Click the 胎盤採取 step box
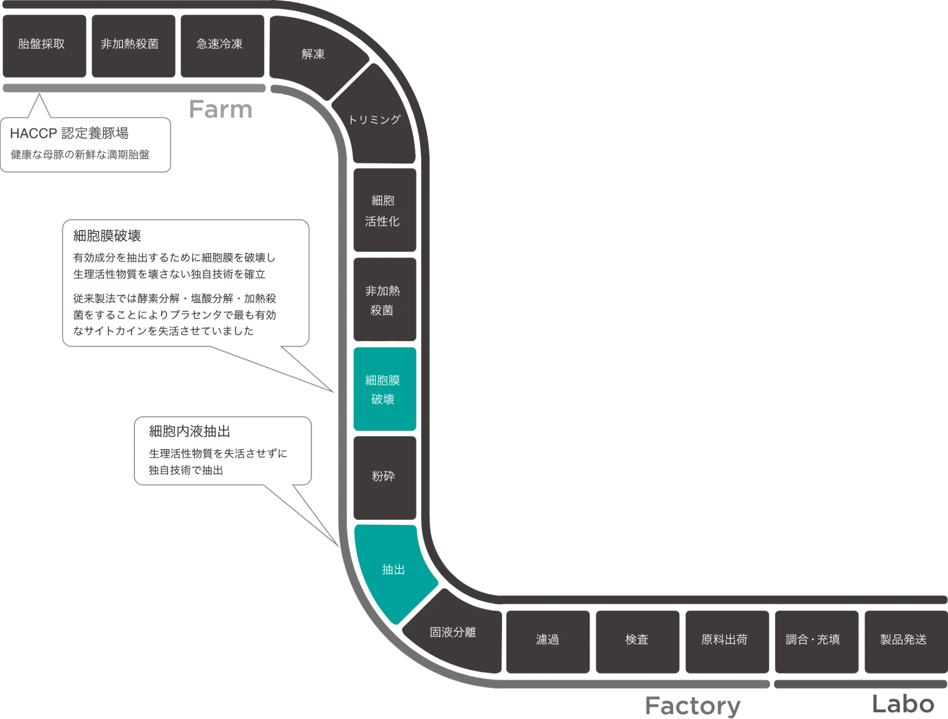pyautogui.click(x=42, y=44)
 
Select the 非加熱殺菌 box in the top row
pyautogui.click(x=130, y=44)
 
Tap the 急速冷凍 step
pyautogui.click(x=220, y=44)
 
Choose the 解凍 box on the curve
pyautogui.click(x=313, y=54)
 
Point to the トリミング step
pyautogui.click(x=374, y=120)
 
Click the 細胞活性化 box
pyautogui.click(x=383, y=211)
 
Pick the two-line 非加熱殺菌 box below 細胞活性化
pyautogui.click(x=383, y=300)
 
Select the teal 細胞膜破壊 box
pyautogui.click(x=383, y=390)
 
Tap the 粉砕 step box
pyautogui.click(x=383, y=476)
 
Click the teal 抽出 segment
pyautogui.click(x=393, y=570)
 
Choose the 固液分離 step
pyautogui.click(x=453, y=632)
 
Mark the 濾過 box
pyautogui.click(x=547, y=639)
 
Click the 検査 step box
pyautogui.click(x=637, y=639)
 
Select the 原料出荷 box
pyautogui.click(x=725, y=639)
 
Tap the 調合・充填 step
pyautogui.click(x=813, y=639)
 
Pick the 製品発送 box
pyautogui.click(x=903, y=639)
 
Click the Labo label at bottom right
pyautogui.click(x=903, y=703)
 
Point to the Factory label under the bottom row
pyautogui.click(x=692, y=705)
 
